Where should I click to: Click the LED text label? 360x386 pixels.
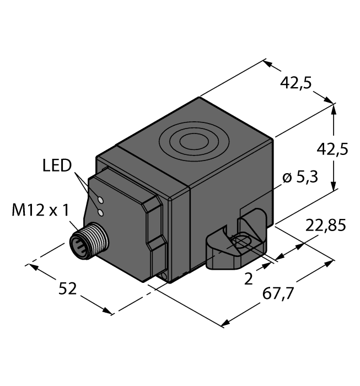click(57, 165)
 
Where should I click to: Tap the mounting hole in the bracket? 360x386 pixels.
click(242, 242)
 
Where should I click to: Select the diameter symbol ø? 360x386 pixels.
click(286, 178)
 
